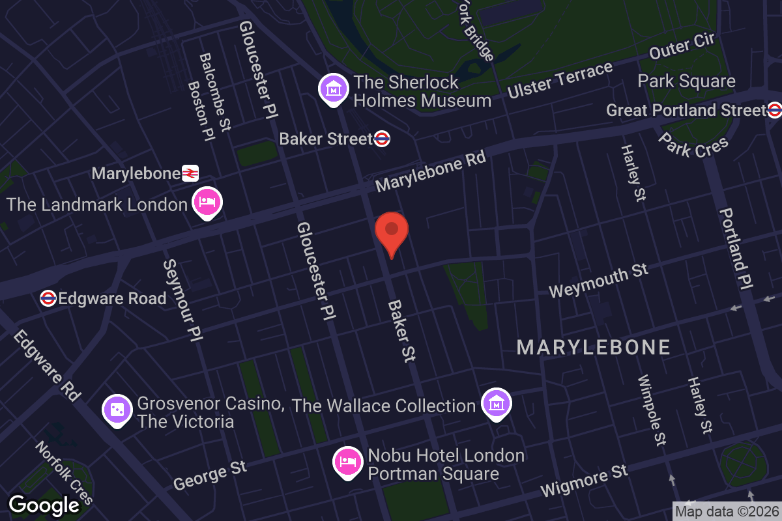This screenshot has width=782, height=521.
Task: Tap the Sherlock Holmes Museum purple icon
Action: pyautogui.click(x=334, y=88)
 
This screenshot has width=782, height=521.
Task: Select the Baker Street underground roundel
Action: pyautogui.click(x=382, y=138)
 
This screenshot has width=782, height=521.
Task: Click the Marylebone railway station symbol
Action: pyautogui.click(x=190, y=173)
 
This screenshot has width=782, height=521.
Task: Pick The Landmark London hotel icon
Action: pyautogui.click(x=207, y=203)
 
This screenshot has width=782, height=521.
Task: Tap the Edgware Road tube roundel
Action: pyautogui.click(x=48, y=298)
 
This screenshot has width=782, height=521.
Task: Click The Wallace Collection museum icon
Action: pyautogui.click(x=497, y=403)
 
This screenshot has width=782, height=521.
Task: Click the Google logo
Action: pyautogui.click(x=44, y=505)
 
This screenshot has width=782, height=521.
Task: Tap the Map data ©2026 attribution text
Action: pyautogui.click(x=726, y=511)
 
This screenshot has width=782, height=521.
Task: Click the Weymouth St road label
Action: pyautogui.click(x=598, y=281)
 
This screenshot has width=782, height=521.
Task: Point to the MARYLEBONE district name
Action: pyautogui.click(x=594, y=347)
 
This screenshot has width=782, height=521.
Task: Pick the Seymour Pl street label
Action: pyautogui.click(x=182, y=300)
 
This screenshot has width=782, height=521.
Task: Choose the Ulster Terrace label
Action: pyautogui.click(x=560, y=81)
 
